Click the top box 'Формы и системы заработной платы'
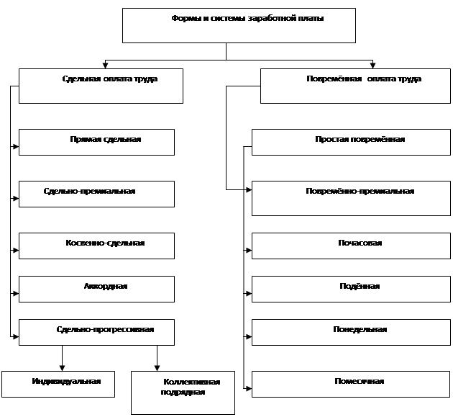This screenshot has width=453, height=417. [x=239, y=25]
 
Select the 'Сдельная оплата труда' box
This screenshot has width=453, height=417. [x=101, y=86]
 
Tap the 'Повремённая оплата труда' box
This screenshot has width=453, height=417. [x=355, y=86]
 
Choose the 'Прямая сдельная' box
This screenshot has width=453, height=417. [x=96, y=142]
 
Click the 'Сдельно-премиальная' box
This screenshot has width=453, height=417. [x=96, y=194]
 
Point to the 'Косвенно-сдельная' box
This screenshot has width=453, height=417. [x=96, y=246]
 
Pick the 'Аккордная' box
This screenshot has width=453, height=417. [x=96, y=289]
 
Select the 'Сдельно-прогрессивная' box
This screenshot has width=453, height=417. [x=96, y=332]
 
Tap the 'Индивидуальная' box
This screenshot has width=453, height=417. [x=58, y=384]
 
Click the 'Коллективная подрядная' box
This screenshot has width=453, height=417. [x=183, y=393]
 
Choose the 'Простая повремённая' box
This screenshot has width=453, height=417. [x=351, y=142]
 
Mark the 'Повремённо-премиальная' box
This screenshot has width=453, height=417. [x=351, y=198]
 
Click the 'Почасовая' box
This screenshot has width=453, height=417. [x=351, y=246]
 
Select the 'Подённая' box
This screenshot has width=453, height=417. [x=351, y=289]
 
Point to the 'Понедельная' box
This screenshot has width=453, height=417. [x=351, y=332]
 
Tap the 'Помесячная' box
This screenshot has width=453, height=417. [x=351, y=384]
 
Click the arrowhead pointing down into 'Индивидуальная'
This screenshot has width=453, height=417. [x=62, y=368]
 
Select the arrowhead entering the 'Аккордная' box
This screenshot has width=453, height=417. [x=16, y=293]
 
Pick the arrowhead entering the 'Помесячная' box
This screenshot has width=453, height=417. [x=249, y=388]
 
